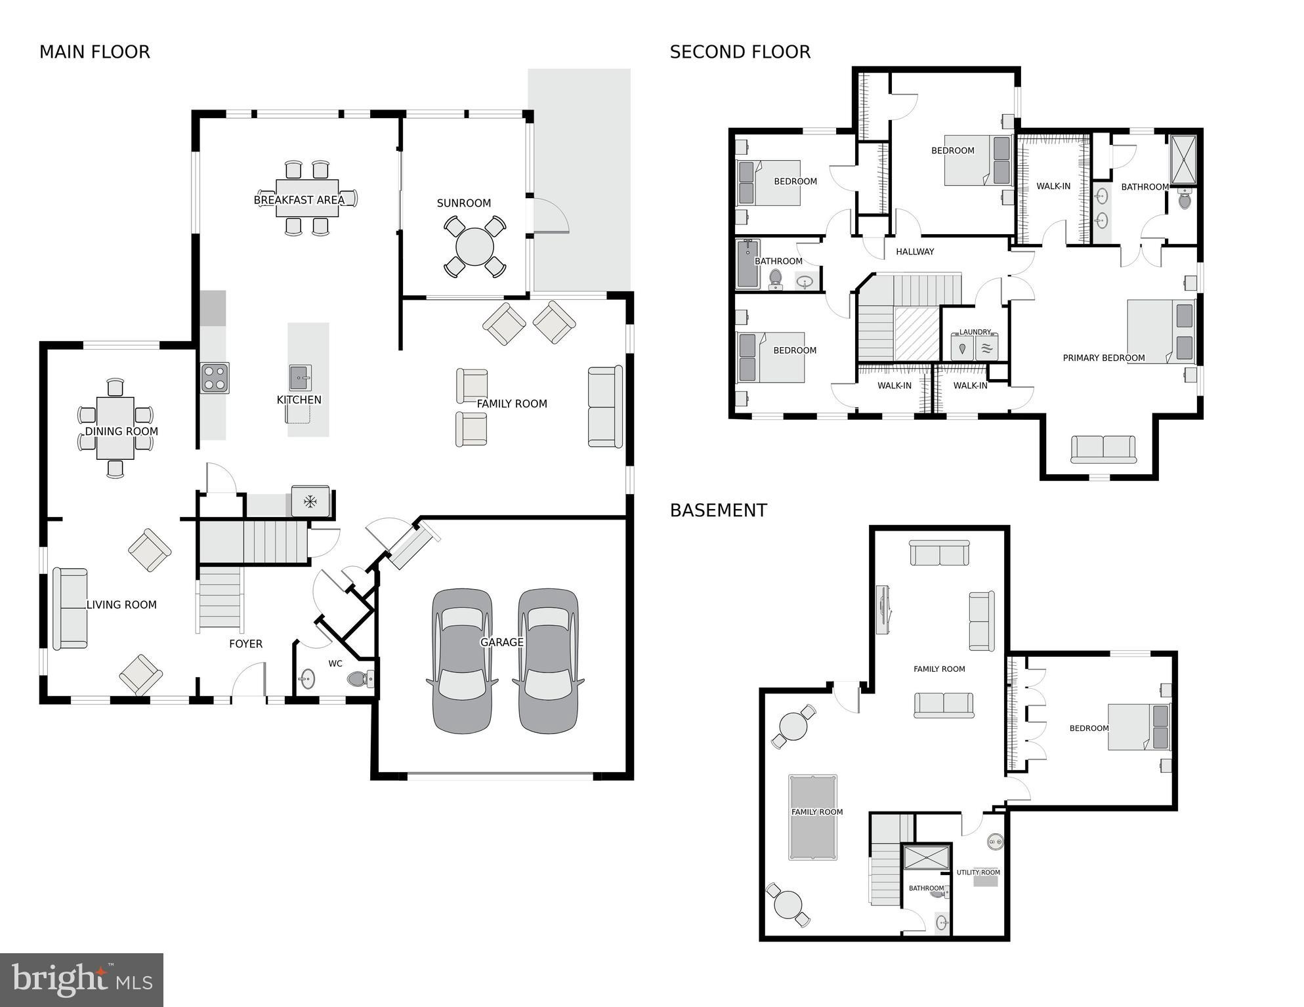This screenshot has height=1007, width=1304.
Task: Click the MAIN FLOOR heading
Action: pos(95,52)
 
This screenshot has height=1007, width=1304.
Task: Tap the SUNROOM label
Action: pos(463,203)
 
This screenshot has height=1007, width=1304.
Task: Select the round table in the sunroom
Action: pos(474,247)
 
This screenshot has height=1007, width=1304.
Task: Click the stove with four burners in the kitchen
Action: pos(215,378)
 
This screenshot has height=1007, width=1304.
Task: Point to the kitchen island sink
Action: pos(300,378)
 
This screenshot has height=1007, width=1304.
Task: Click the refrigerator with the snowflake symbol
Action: pos(310,502)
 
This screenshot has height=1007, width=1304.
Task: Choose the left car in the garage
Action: pos(462,661)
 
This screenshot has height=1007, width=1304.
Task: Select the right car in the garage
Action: pos(548,661)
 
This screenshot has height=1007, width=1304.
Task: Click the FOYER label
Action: pos(245,644)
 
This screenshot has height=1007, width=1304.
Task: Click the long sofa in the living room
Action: pos(70,609)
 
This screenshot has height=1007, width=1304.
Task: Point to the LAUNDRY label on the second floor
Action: pos(975,332)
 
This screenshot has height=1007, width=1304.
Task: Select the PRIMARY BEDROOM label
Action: pos(1103,358)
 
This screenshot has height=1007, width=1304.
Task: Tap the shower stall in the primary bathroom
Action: pos(1183,158)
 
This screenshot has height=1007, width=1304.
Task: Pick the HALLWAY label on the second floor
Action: pos(914,252)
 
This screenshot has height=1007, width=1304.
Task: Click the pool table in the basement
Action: pos(813,817)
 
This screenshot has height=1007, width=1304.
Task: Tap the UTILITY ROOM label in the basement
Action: pos(978,873)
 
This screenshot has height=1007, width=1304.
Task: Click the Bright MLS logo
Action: pos(81,979)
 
